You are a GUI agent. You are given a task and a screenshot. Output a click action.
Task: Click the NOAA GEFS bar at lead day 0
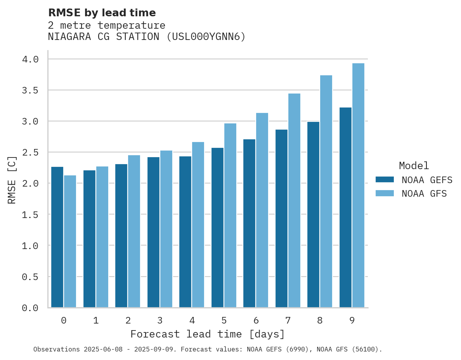coord(57,237)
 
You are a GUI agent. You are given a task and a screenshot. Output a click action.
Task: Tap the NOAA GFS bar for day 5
coord(230,215)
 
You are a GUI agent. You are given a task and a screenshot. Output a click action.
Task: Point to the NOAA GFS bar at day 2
coord(134,231)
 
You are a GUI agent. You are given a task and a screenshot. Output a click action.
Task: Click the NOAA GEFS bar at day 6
coord(249,223)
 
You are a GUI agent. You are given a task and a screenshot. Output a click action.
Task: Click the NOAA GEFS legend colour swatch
coord(385,180)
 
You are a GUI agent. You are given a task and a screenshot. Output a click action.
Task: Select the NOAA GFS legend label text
coord(424,194)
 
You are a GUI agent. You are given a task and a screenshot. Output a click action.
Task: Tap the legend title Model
coord(414,166)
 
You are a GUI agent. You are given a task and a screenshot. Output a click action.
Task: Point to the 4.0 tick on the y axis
coord(30,59)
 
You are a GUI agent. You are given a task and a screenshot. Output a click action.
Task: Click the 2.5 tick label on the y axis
coord(30,152)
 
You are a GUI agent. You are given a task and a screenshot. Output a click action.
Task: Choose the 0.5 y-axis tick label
coord(30,277)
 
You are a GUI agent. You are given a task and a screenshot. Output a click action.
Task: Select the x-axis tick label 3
coord(160,320)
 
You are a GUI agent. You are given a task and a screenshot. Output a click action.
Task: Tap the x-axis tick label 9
coord(352,320)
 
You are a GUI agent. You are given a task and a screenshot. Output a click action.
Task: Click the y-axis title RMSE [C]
coord(12,180)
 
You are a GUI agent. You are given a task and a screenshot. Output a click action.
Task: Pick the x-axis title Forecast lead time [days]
coord(208,334)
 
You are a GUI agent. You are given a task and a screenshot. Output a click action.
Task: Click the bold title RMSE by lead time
coord(102,13)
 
